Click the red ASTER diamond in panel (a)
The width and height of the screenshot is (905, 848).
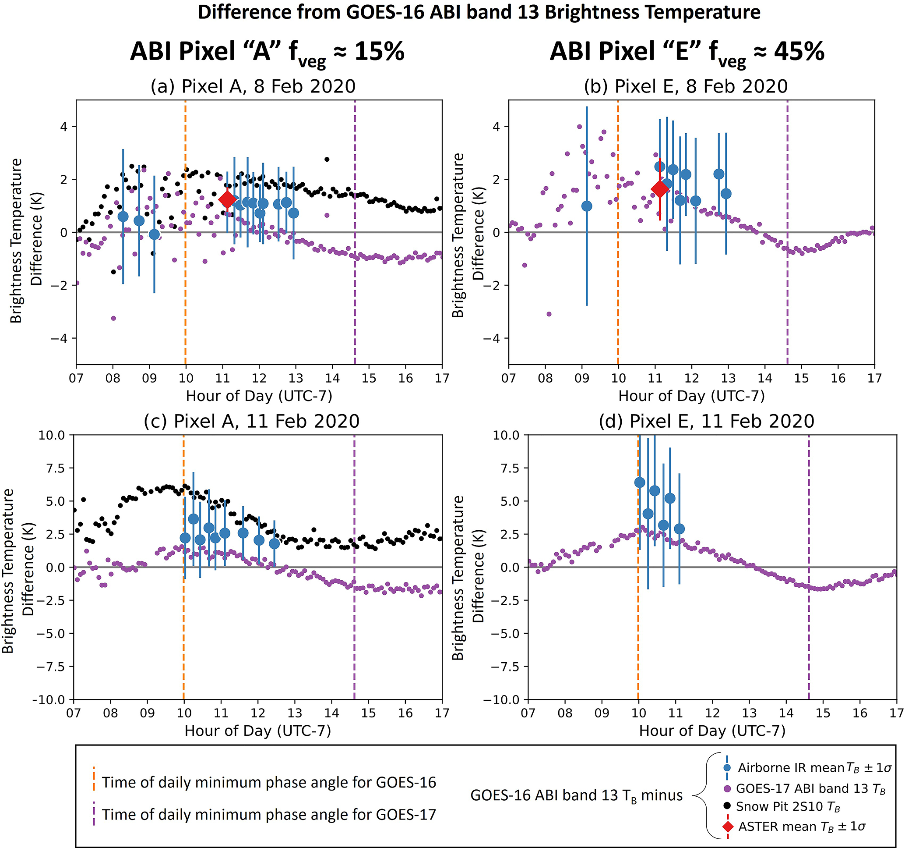(x=227, y=199)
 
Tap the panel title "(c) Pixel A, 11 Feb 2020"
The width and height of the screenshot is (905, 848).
(x=251, y=421)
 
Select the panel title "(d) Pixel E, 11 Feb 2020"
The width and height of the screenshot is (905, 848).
(x=706, y=421)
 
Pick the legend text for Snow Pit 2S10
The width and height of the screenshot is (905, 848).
(x=788, y=806)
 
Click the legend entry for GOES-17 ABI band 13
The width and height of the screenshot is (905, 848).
(x=810, y=788)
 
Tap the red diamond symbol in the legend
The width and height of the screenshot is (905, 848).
(x=728, y=826)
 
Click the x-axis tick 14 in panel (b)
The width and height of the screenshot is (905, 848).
(x=765, y=378)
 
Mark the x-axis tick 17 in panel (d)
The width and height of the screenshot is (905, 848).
(x=896, y=713)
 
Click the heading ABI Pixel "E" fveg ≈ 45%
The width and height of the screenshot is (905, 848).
(x=687, y=51)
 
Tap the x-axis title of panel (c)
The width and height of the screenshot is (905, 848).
(x=257, y=731)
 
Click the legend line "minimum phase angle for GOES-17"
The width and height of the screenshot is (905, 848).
(x=268, y=814)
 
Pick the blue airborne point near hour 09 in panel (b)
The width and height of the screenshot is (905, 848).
(x=586, y=206)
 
